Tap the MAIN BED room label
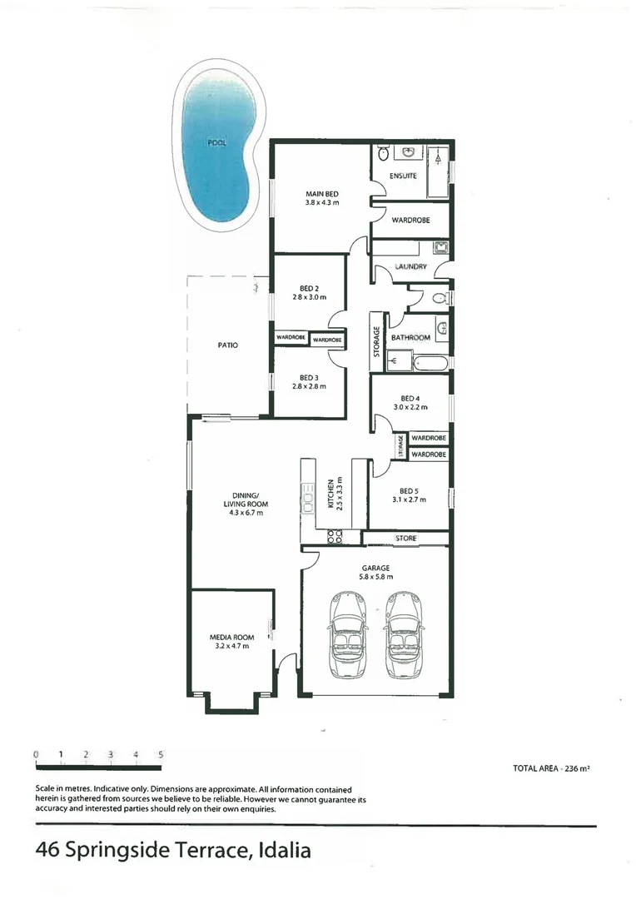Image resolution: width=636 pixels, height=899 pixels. [x=320, y=193]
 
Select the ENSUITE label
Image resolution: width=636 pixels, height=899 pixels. [x=403, y=176]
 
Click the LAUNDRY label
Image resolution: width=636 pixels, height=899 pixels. [x=410, y=266]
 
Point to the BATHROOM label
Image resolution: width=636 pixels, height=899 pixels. [x=410, y=337]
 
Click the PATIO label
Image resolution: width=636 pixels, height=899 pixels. [x=228, y=344]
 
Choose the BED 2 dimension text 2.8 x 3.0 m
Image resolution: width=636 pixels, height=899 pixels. [x=309, y=297]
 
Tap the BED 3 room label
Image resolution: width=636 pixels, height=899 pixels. [x=309, y=377]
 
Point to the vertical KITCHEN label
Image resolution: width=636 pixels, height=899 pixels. [x=331, y=494]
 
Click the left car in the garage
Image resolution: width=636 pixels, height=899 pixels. [x=346, y=634]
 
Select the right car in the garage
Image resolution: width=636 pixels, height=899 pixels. [x=402, y=634]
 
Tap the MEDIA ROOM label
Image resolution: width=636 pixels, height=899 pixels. [x=231, y=637]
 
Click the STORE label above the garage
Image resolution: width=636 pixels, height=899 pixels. [x=405, y=539]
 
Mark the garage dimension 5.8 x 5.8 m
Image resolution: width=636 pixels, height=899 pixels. [x=376, y=576]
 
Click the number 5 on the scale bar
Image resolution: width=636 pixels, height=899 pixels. [x=161, y=754]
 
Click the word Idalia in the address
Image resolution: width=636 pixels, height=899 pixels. [x=285, y=851]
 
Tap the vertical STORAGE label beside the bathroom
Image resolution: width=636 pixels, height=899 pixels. [x=377, y=340]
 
